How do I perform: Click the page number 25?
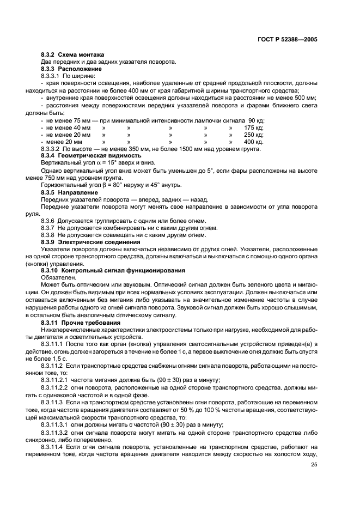tap(314, 465)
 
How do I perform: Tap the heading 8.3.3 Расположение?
tap(71, 69)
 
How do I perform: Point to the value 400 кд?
tap(253, 141)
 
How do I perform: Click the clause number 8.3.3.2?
tap(52, 148)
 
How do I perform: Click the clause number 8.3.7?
tap(50, 227)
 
